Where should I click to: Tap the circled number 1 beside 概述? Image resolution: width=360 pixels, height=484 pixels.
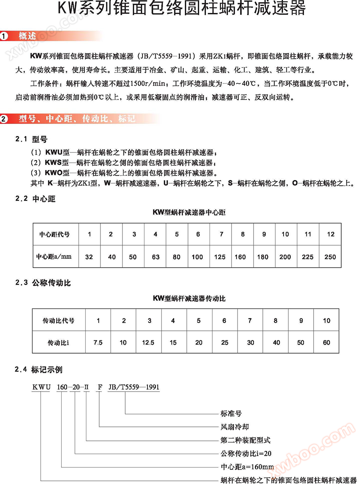point(4,36)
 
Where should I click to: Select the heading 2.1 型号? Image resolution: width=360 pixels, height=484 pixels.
point(31,139)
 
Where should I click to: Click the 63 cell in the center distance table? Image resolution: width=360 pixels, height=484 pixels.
point(155,257)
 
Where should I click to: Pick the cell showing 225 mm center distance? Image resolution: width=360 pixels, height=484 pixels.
point(308,257)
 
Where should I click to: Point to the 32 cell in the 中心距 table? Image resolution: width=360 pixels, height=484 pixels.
point(89,257)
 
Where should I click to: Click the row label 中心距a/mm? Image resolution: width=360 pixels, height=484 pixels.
point(54,256)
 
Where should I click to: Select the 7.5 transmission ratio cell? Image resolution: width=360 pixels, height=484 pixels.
point(98,342)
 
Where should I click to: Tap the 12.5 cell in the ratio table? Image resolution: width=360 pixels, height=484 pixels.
point(148,342)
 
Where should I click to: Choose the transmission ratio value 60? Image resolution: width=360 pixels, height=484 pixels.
point(327,342)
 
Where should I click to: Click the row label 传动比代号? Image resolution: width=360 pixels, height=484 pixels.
point(58,320)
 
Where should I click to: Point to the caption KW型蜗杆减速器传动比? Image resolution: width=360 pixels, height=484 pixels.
point(189,298)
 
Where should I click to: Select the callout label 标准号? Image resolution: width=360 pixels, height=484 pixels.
point(231,414)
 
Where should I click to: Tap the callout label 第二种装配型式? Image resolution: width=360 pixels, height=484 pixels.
point(246,440)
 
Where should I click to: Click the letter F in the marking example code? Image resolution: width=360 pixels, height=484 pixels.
point(100,387)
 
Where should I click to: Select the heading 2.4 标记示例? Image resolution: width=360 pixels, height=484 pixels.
point(39,370)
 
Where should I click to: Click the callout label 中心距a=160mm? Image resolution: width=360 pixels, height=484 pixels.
point(247,466)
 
